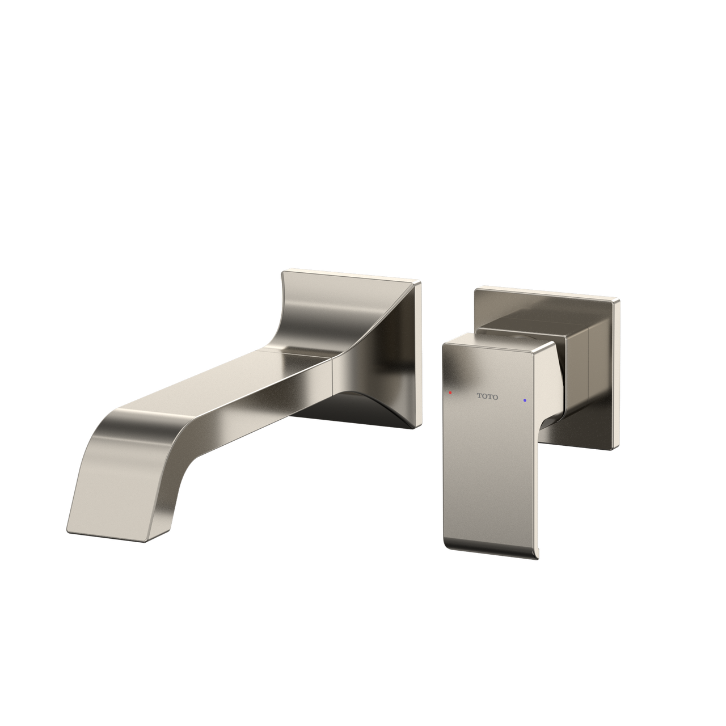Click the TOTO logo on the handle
click(x=487, y=396)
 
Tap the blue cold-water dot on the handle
click(x=525, y=400)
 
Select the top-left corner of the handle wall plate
click(x=476, y=287)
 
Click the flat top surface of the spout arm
click(x=227, y=380)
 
